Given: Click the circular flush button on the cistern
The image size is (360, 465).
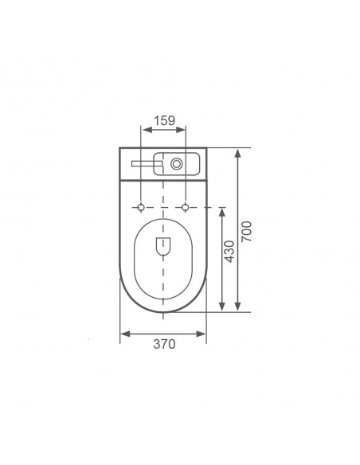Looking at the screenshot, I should (x=174, y=164).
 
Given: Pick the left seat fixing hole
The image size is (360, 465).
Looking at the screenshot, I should (x=141, y=208).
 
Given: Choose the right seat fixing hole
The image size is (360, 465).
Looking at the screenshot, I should (x=186, y=208).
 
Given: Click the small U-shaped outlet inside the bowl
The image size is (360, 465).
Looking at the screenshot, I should (x=163, y=248).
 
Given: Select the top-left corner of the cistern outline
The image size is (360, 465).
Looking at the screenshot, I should (x=120, y=147).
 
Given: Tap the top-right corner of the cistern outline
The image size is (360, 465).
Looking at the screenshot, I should (x=206, y=147).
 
